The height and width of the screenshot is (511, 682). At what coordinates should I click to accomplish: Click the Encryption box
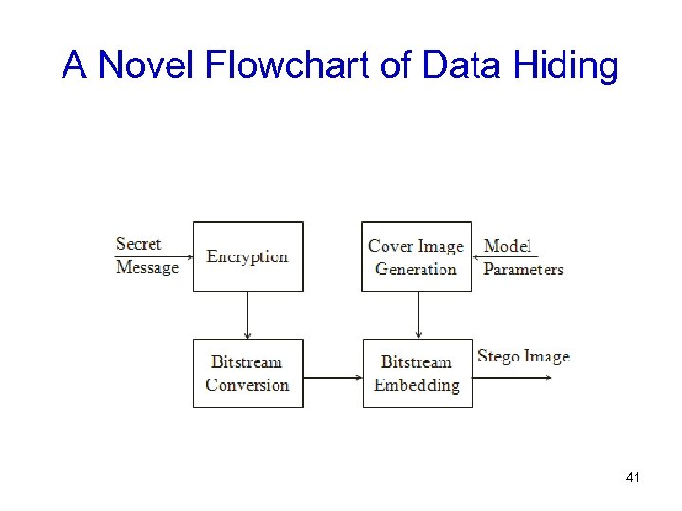click(248, 256)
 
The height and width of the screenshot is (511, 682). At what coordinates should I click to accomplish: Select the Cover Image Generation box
click(416, 257)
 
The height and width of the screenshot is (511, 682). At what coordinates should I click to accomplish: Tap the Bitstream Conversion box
click(248, 373)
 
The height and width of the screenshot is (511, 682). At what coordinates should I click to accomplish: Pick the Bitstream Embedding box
click(417, 373)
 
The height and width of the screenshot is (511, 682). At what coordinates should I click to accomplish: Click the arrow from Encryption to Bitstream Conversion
click(248, 315)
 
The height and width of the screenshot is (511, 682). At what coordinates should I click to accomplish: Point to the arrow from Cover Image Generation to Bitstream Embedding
click(418, 315)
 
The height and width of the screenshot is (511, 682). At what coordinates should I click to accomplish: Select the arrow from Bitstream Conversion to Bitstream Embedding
click(332, 379)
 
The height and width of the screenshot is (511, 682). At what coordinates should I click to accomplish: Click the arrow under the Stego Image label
click(511, 378)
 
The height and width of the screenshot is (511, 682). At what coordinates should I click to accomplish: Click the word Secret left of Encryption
click(138, 244)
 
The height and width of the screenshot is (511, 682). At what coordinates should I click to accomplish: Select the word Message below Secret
click(147, 268)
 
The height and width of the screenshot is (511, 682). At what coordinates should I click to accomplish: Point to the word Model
click(508, 246)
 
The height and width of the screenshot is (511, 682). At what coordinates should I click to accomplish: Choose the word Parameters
click(523, 269)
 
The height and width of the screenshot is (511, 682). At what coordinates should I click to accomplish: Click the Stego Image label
click(523, 357)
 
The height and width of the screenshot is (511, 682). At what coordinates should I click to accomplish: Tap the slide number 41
click(634, 478)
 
